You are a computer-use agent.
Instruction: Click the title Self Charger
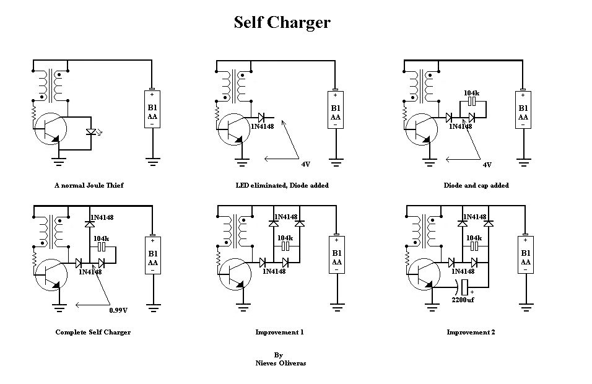pyautogui.click(x=282, y=23)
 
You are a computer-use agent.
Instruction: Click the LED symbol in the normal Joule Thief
pyautogui.click(x=92, y=132)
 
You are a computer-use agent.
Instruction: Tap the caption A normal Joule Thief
pyautogui.click(x=89, y=185)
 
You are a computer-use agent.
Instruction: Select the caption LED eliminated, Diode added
pyautogui.click(x=282, y=185)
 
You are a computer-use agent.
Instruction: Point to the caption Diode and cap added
pyautogui.click(x=476, y=185)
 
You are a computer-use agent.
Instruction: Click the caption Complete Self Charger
pyautogui.click(x=93, y=332)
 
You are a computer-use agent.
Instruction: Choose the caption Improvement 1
pyautogui.click(x=279, y=332)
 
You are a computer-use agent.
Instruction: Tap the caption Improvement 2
pyautogui.click(x=471, y=332)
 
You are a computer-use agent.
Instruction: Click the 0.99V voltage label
pyautogui.click(x=118, y=310)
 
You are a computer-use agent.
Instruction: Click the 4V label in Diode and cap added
pyautogui.click(x=487, y=165)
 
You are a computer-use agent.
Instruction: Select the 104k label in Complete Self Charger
pyautogui.click(x=101, y=238)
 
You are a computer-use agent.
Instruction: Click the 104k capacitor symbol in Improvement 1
pyautogui.click(x=285, y=247)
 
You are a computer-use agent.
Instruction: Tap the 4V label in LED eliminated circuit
pyautogui.click(x=305, y=165)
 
